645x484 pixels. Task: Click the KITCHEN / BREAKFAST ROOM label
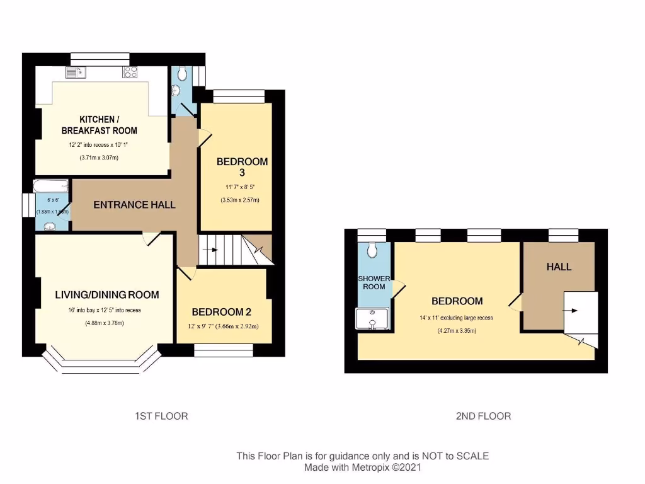pos(99,125)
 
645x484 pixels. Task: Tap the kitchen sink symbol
pos(76,72)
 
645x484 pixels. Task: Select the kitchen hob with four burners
pos(130,72)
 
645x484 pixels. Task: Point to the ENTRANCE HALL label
pos(134,205)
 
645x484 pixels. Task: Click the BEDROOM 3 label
pos(242,166)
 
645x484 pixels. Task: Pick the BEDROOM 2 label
pos(222,312)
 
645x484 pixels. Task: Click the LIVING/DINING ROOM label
pos(107,294)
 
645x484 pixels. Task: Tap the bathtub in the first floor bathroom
pos(50,186)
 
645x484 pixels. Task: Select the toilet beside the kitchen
pos(182,75)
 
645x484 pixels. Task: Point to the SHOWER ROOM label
pos(374,282)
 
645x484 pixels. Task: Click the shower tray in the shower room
pos(373,319)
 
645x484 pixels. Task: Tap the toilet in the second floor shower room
pos(374,251)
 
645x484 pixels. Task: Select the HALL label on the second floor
pos(559,267)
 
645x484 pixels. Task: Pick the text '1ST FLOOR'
pos(162,416)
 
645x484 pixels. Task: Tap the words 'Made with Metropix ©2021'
pos(362,468)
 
